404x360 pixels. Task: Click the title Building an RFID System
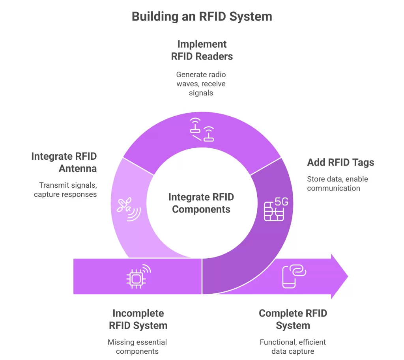[x=202, y=17]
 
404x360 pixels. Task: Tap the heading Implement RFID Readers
[x=202, y=50]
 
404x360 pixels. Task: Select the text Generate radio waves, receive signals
[x=201, y=84]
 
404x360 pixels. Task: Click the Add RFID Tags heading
[x=340, y=162]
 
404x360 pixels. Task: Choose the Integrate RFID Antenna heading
[x=64, y=162]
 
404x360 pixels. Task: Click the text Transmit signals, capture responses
[x=65, y=189]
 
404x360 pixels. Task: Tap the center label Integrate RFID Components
[x=201, y=203]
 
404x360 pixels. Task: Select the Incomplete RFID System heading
[x=138, y=319]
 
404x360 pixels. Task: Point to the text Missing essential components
[x=137, y=347]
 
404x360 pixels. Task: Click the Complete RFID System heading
[x=293, y=319]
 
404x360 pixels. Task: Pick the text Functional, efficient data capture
[x=293, y=347]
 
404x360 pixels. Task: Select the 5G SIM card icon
[x=275, y=209]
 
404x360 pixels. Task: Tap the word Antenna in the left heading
[x=78, y=168]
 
